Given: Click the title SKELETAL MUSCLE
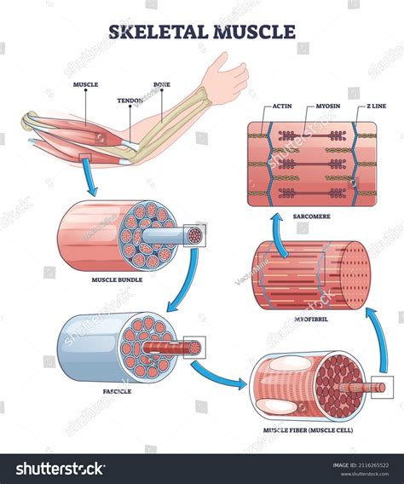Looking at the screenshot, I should [x=202, y=32].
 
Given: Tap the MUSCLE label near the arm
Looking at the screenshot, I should [x=86, y=85].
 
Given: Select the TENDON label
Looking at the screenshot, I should [x=130, y=100].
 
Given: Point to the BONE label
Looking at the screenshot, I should [x=162, y=85].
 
